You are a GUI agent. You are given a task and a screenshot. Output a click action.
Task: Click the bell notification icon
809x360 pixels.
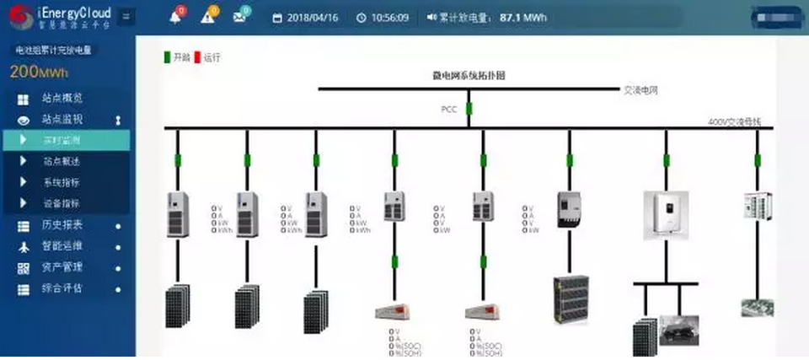175,17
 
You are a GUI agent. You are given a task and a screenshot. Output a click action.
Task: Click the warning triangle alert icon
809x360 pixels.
207,17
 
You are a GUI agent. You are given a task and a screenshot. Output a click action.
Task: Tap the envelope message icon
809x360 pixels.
239,17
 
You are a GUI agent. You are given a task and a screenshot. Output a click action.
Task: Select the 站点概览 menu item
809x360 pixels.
62,99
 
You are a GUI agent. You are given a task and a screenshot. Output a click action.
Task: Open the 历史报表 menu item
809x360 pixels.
62,225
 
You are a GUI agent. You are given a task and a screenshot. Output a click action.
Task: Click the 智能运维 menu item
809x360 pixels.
62,246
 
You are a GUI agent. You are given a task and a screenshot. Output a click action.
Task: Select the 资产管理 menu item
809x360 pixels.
62,267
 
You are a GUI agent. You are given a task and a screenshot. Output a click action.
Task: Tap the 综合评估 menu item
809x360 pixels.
62,288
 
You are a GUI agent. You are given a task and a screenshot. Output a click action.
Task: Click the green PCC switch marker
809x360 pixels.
469,109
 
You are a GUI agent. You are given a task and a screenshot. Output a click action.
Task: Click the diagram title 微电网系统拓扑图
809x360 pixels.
469,76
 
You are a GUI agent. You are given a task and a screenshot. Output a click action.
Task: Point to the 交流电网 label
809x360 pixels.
640,89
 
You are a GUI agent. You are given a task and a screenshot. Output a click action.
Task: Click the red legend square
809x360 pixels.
198,58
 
